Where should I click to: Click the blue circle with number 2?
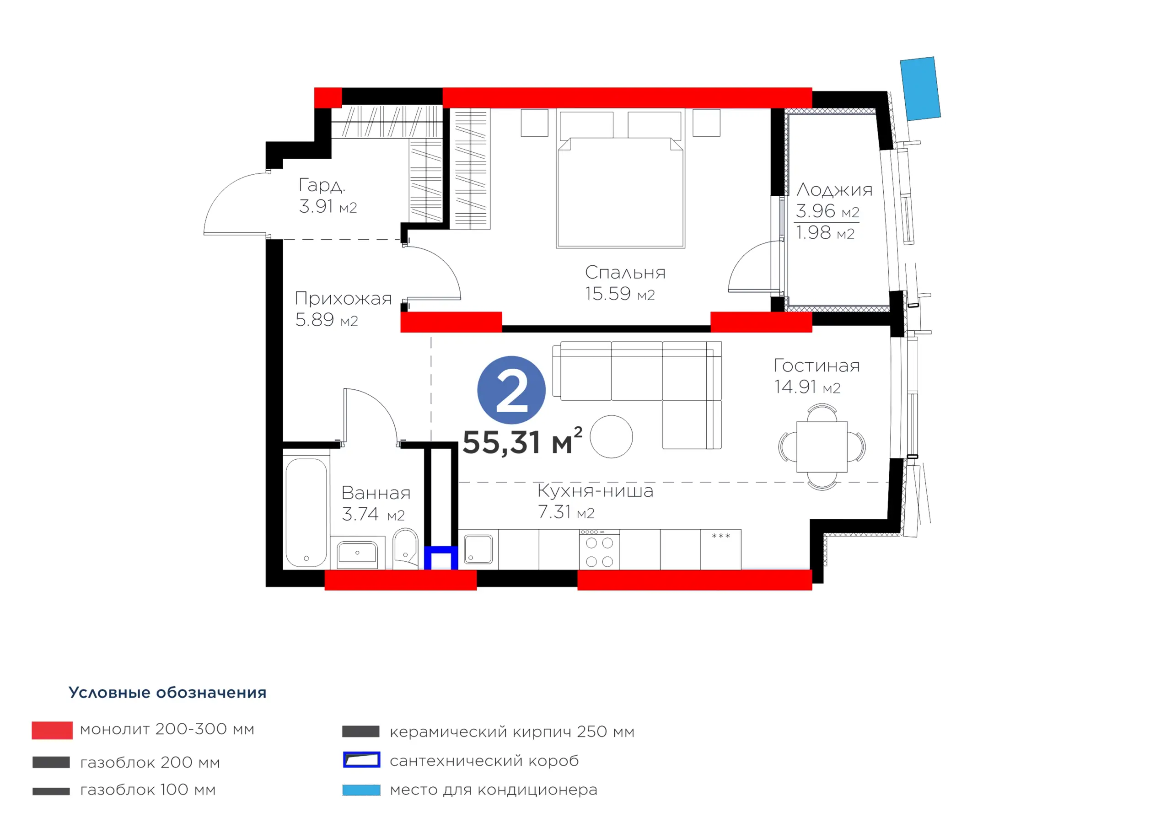511,390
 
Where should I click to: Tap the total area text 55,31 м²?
522,441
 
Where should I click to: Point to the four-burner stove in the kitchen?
599,550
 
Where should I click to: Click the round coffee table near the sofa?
612,436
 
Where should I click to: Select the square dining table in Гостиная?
822,446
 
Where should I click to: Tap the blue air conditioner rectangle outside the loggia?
920,89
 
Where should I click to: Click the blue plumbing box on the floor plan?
441,558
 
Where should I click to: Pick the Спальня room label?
625,273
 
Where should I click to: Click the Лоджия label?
834,190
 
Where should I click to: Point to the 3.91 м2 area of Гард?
328,206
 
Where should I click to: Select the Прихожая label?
343,298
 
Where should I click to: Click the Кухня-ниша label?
595,491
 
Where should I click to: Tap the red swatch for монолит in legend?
52,730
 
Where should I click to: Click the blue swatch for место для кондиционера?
361,790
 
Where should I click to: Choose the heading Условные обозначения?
167,692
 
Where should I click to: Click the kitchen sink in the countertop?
478,549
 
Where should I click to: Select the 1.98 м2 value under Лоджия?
825,233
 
